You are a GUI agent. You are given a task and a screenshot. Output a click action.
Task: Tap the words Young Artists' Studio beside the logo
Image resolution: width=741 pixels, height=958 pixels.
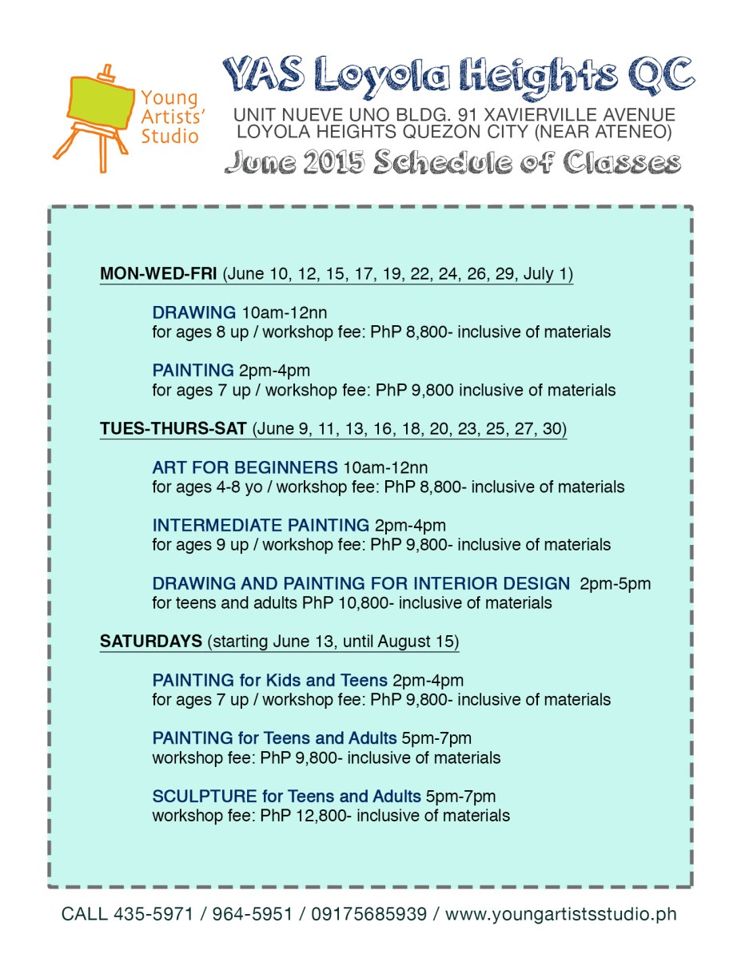coord(169,117)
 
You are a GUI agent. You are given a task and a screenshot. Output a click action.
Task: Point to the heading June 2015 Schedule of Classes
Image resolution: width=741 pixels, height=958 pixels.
coord(452,162)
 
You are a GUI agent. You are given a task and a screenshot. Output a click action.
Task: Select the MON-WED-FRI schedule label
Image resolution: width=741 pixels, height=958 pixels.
coord(158,274)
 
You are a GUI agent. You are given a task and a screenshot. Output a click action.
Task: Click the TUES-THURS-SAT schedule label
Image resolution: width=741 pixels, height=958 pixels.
coord(173,429)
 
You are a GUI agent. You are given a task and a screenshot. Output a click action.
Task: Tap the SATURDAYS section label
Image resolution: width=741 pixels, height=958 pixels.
coord(150,642)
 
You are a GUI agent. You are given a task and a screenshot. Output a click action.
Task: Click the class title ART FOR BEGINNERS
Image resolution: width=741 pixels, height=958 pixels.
coord(245,467)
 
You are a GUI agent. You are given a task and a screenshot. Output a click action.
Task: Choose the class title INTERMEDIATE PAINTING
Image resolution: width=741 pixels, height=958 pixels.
coord(261,525)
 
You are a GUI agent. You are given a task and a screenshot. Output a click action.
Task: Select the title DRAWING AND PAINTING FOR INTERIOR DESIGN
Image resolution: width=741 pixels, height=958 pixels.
coord(361,583)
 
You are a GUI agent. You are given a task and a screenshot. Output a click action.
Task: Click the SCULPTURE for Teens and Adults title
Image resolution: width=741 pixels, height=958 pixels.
coord(286,797)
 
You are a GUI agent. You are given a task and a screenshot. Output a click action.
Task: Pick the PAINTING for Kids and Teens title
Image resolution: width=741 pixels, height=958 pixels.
coord(269,681)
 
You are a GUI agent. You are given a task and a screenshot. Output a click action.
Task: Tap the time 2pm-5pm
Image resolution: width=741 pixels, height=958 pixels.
coord(615,583)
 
